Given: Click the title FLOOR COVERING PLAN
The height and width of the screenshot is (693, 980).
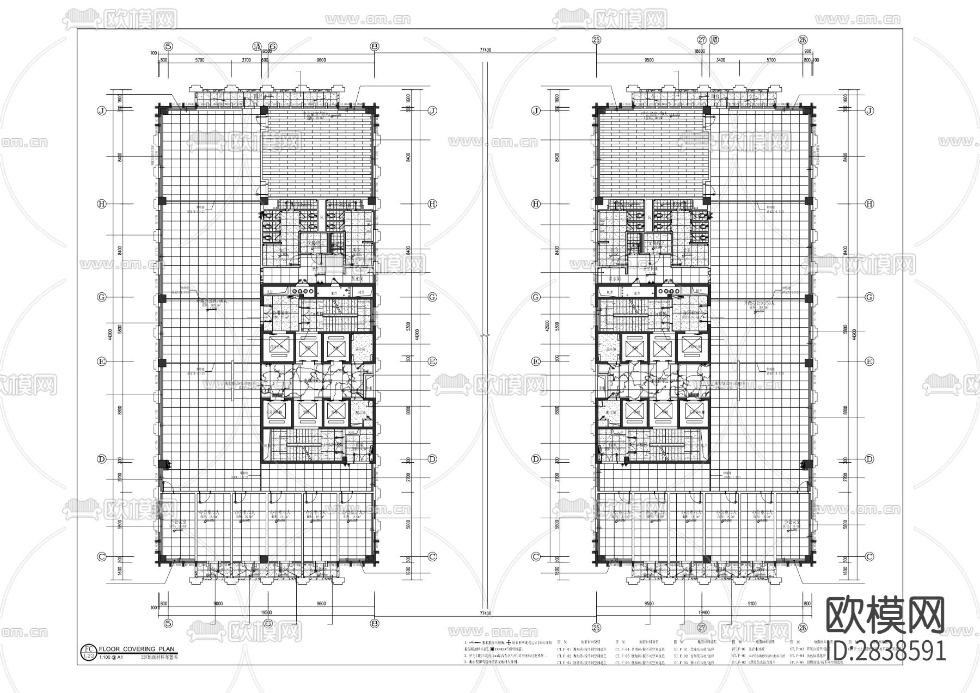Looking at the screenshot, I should (x=137, y=649).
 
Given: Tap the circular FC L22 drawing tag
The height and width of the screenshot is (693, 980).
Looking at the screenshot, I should (x=87, y=652).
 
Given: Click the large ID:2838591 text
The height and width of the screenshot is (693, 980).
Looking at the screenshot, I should (x=885, y=650).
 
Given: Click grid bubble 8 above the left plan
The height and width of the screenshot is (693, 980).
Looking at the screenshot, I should (x=374, y=46).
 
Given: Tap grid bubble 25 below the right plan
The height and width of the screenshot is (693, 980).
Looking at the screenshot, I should (x=597, y=628).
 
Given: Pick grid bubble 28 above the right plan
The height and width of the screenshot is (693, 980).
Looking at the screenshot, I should (x=803, y=39).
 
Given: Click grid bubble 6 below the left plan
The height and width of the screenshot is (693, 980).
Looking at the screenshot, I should (x=267, y=623).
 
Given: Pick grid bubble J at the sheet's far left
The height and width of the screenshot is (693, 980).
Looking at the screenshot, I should (x=101, y=111).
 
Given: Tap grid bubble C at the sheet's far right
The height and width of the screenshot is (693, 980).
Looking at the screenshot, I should (x=869, y=557).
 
